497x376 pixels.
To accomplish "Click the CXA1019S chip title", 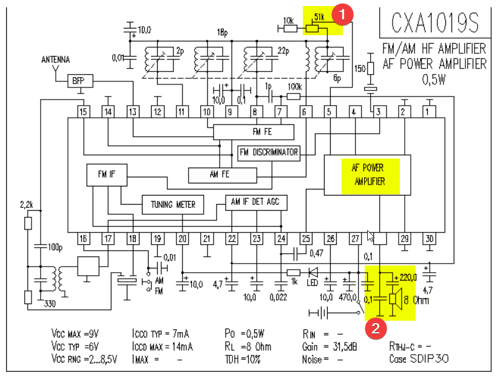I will [434, 24].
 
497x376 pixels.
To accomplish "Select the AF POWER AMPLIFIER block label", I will [368, 174].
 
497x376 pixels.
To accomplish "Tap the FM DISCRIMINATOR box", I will [269, 152].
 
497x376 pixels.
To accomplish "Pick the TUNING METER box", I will [173, 204].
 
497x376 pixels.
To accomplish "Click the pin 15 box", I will [83, 112].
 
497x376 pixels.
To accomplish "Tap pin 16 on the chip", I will [83, 239].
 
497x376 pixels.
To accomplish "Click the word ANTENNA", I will [55, 60].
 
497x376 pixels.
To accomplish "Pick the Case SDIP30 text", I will [419, 358].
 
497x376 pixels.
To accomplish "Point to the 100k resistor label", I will [294, 87].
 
